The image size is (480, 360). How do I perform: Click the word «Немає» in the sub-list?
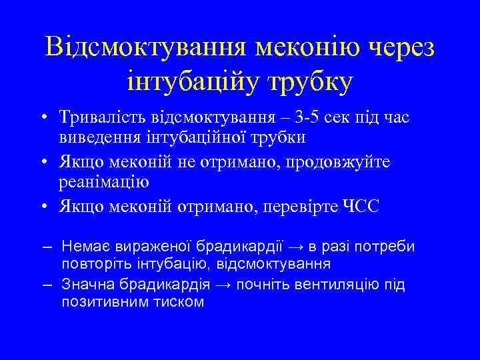click(x=83, y=247)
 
